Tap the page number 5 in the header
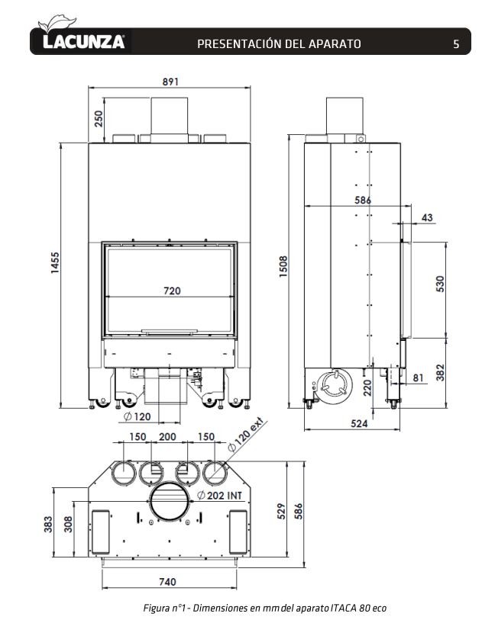click(x=456, y=43)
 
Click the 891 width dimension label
click(x=170, y=82)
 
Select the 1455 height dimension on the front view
click(x=55, y=262)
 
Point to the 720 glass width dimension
click(x=172, y=291)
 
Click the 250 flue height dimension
click(x=99, y=119)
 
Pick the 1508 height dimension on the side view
click(x=283, y=266)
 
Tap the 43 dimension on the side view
click(x=427, y=217)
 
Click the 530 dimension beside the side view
click(x=441, y=284)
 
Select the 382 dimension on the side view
click(x=441, y=372)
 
